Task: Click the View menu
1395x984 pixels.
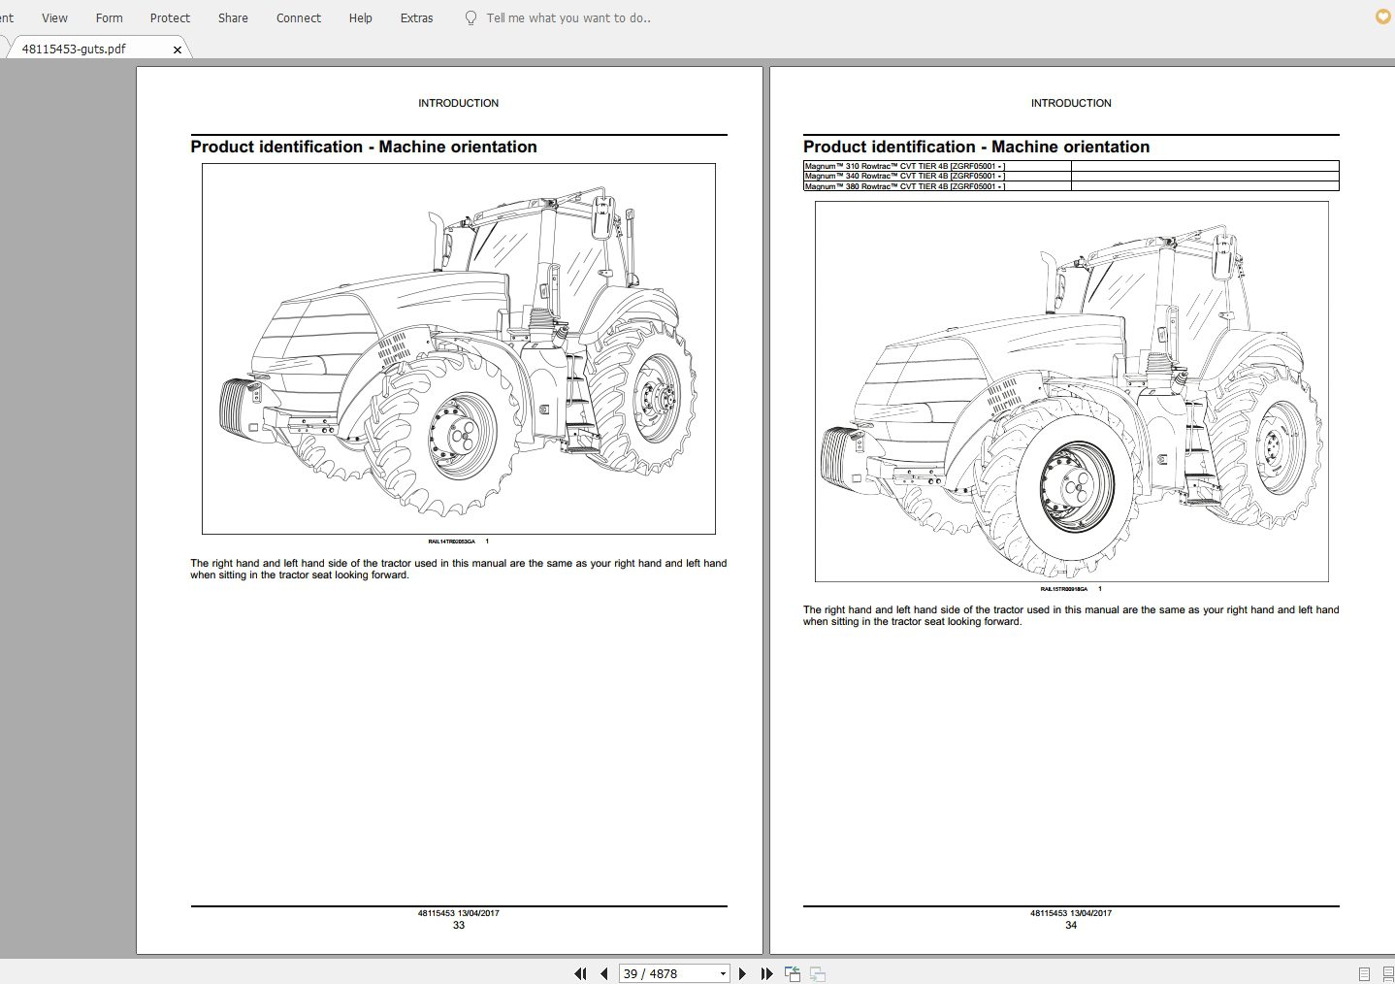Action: (x=54, y=17)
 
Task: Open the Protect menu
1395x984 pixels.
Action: (x=170, y=17)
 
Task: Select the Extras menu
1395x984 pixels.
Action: (x=416, y=17)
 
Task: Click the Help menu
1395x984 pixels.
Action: (x=360, y=17)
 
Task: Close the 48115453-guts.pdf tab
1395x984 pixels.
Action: (x=178, y=49)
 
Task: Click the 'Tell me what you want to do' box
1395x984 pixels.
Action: (x=568, y=17)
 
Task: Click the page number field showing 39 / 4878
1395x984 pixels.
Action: (x=667, y=973)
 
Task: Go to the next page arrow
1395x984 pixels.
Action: (x=743, y=973)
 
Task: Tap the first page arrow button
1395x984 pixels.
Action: (x=580, y=973)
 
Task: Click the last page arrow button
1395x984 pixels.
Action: (x=766, y=973)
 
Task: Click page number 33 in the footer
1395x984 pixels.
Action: (x=459, y=925)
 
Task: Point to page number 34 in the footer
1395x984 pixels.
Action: (x=1071, y=925)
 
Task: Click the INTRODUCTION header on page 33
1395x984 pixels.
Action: (x=458, y=103)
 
